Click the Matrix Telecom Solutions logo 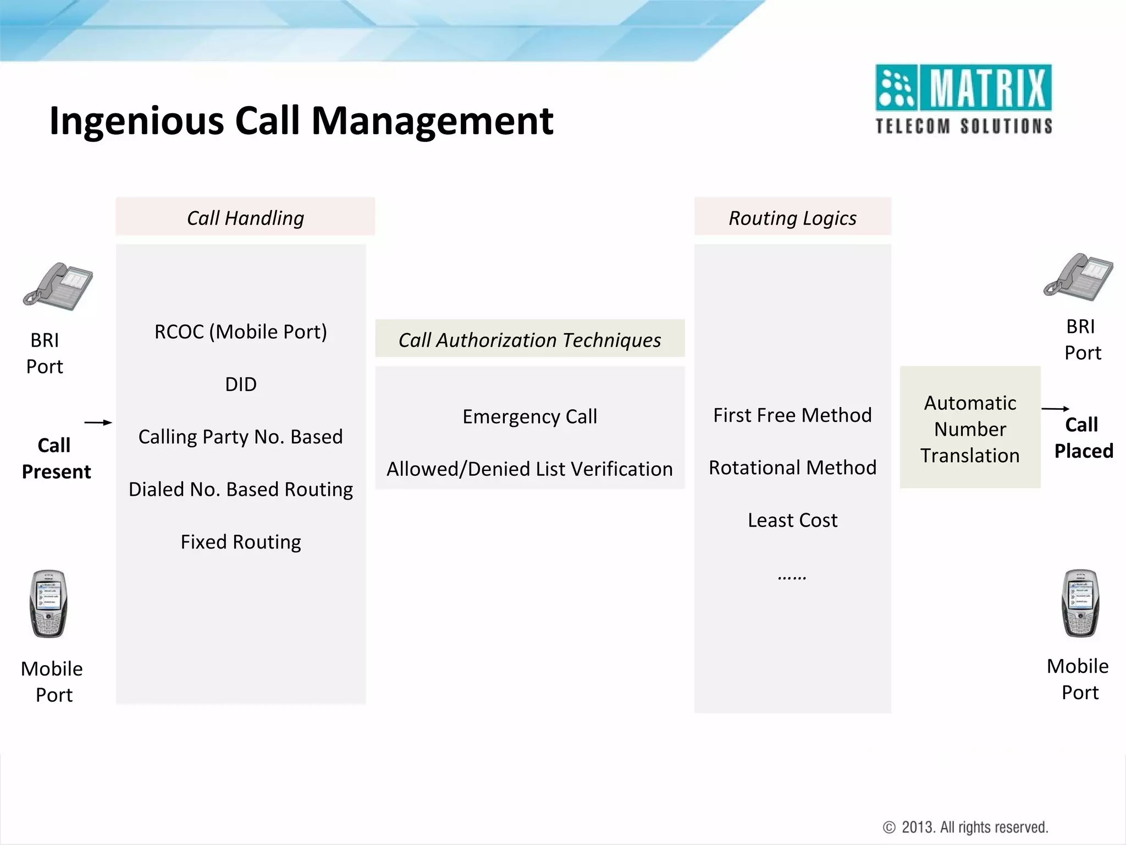(963, 100)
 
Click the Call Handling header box (245, 217)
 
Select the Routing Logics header (792, 217)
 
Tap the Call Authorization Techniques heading (529, 339)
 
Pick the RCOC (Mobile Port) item (241, 332)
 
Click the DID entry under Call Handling (241, 384)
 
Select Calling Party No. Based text (241, 437)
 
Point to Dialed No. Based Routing (241, 489)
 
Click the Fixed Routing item (241, 542)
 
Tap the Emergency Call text (529, 416)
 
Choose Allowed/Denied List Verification (529, 469)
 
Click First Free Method (792, 415)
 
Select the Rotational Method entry (792, 468)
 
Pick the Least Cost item (792, 520)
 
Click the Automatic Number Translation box (970, 428)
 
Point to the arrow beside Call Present (98, 422)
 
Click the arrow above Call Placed (1055, 409)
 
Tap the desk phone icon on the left (58, 286)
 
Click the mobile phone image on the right (1080, 603)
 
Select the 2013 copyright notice (965, 827)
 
